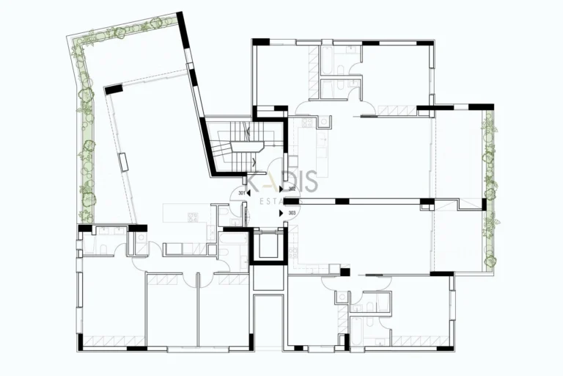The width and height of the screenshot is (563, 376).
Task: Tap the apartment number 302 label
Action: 292,189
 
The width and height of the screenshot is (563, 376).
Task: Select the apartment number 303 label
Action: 292,213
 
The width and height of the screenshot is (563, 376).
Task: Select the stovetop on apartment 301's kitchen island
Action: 194,217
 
